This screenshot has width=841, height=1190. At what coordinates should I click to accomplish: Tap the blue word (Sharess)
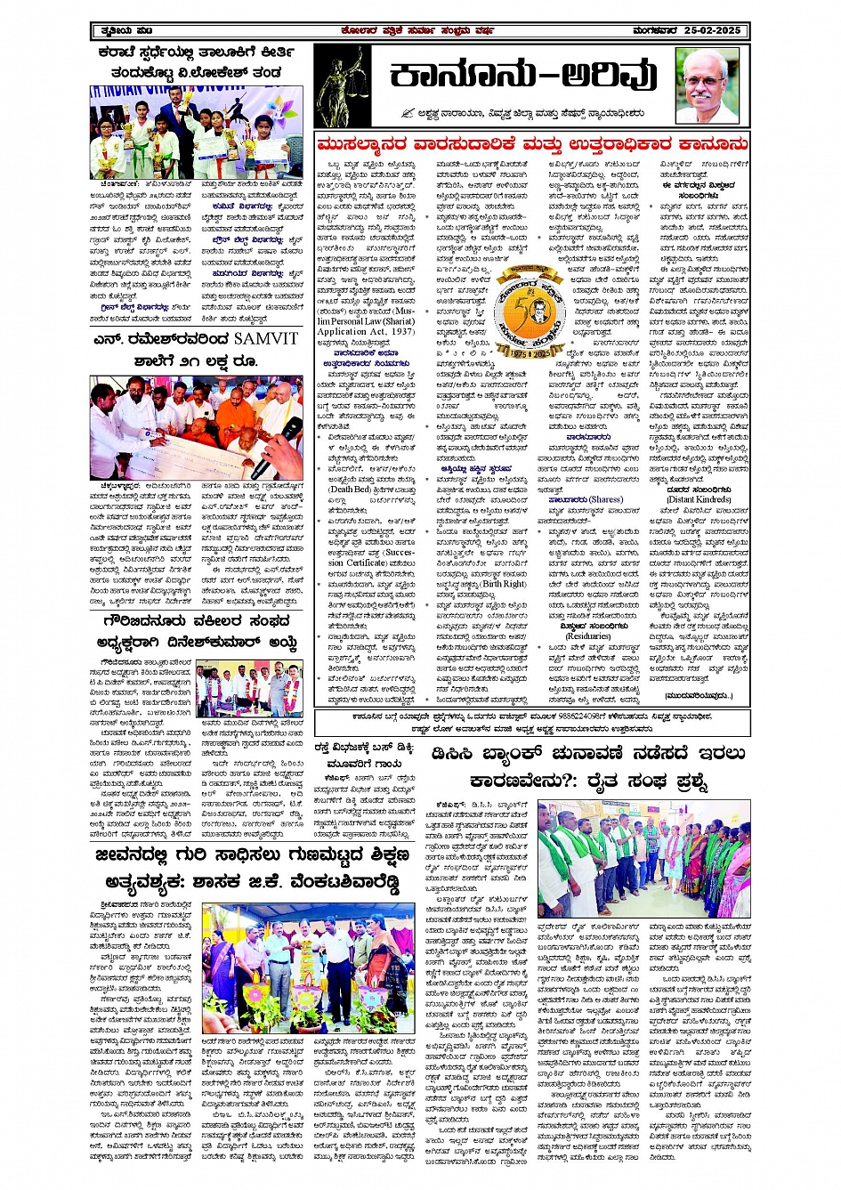coord(605,499)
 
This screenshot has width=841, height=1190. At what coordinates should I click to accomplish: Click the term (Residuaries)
coord(588,635)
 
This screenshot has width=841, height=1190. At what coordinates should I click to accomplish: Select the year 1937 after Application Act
coord(400,331)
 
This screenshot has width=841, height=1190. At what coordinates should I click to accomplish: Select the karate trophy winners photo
coord(196,133)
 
